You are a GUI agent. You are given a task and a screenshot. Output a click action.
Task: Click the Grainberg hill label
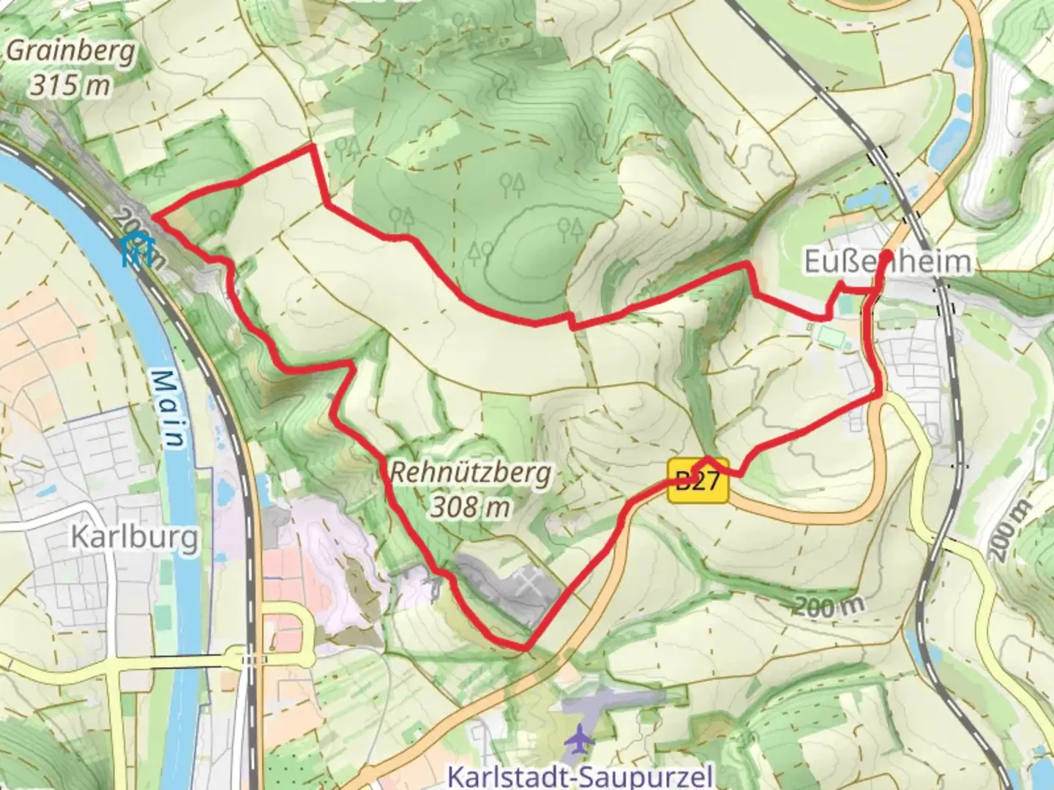click(x=71, y=52)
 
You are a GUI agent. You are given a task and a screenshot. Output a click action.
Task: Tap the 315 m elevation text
click(x=70, y=86)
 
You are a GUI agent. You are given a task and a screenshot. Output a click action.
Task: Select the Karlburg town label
click(x=134, y=538)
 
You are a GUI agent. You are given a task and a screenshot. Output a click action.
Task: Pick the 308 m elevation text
click(x=469, y=506)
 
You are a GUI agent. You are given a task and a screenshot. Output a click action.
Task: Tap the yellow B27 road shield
click(x=698, y=481)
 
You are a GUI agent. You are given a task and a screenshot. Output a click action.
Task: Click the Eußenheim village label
click(x=889, y=262)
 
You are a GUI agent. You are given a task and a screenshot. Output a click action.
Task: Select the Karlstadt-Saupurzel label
click(x=579, y=775)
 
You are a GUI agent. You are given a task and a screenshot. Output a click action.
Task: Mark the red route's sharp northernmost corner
click(x=313, y=146)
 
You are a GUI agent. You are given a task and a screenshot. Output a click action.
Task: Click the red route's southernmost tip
click(x=524, y=648)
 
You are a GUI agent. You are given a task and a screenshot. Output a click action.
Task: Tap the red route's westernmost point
click(x=155, y=215)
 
